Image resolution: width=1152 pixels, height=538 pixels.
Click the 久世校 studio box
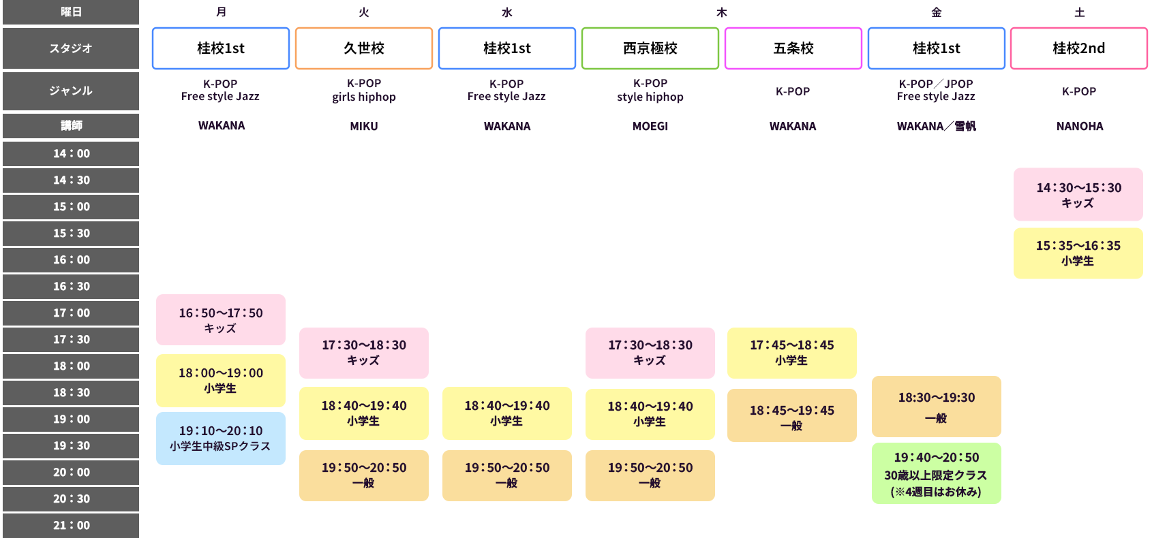(x=363, y=48)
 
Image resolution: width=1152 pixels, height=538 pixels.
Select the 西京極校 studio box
(x=650, y=48)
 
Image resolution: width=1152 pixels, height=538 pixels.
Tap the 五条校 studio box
(x=793, y=48)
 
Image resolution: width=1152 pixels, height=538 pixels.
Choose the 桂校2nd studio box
(x=1079, y=48)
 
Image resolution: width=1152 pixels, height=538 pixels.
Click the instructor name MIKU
(x=364, y=126)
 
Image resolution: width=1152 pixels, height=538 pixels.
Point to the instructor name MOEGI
(x=650, y=126)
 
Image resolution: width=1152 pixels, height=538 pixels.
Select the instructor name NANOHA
(x=1080, y=126)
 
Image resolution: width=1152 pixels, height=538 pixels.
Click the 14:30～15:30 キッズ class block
(x=1078, y=195)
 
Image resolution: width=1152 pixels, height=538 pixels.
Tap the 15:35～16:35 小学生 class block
(x=1078, y=253)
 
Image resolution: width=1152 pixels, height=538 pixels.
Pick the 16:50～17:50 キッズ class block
(x=221, y=319)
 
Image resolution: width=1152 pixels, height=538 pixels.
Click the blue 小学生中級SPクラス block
(x=221, y=439)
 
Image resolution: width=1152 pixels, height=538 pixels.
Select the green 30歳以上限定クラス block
(x=936, y=473)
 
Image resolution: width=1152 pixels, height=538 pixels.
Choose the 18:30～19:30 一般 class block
(x=936, y=407)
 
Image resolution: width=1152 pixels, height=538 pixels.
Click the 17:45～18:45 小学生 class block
(x=792, y=353)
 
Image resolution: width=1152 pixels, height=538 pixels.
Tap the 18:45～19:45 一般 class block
(x=792, y=415)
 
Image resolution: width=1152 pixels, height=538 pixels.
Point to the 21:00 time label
(x=71, y=525)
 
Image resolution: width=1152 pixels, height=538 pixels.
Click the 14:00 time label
(x=71, y=153)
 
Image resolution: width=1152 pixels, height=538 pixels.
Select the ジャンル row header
(x=71, y=91)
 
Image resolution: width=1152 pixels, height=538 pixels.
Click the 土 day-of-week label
(x=1080, y=12)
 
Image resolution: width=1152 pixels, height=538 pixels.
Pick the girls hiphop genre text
(x=363, y=97)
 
